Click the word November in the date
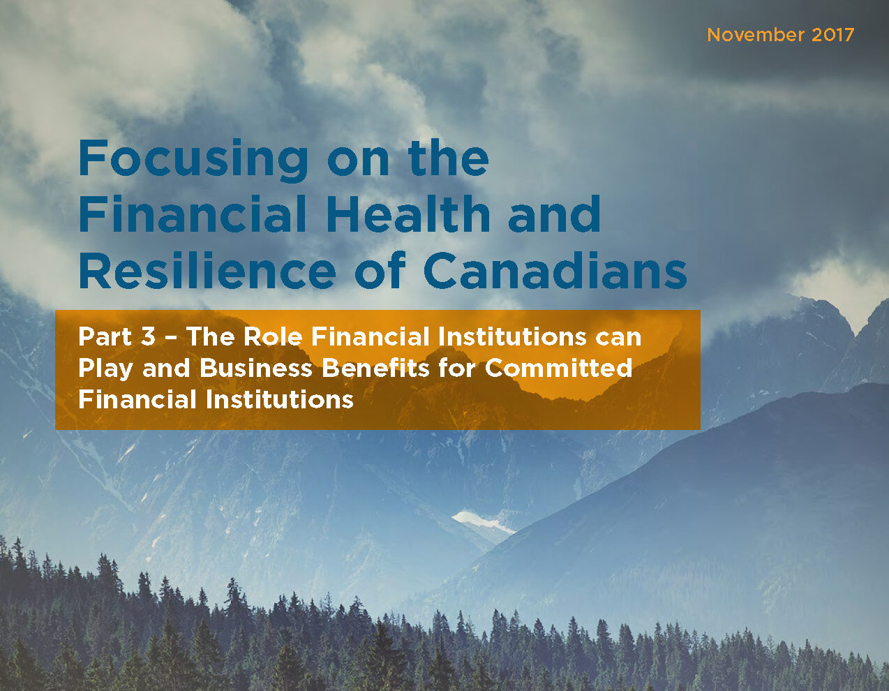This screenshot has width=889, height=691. (x=756, y=35)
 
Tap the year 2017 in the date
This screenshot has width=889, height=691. (x=833, y=35)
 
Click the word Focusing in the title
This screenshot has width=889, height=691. (x=193, y=160)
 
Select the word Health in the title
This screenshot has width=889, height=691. (x=408, y=214)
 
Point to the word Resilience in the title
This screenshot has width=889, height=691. (x=207, y=270)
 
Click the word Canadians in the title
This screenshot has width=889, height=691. (x=555, y=270)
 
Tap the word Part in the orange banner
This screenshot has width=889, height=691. (x=105, y=336)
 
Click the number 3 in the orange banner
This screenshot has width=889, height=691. (x=149, y=336)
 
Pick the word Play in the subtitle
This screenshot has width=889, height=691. (x=105, y=369)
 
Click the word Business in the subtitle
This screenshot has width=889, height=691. (x=256, y=368)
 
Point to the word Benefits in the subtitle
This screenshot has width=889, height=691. (x=375, y=368)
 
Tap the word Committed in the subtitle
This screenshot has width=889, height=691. (x=558, y=368)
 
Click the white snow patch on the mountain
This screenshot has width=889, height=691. (x=483, y=521)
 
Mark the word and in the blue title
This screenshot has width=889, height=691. (x=554, y=214)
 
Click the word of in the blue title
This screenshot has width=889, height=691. (x=380, y=270)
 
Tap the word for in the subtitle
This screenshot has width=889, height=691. (x=457, y=368)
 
